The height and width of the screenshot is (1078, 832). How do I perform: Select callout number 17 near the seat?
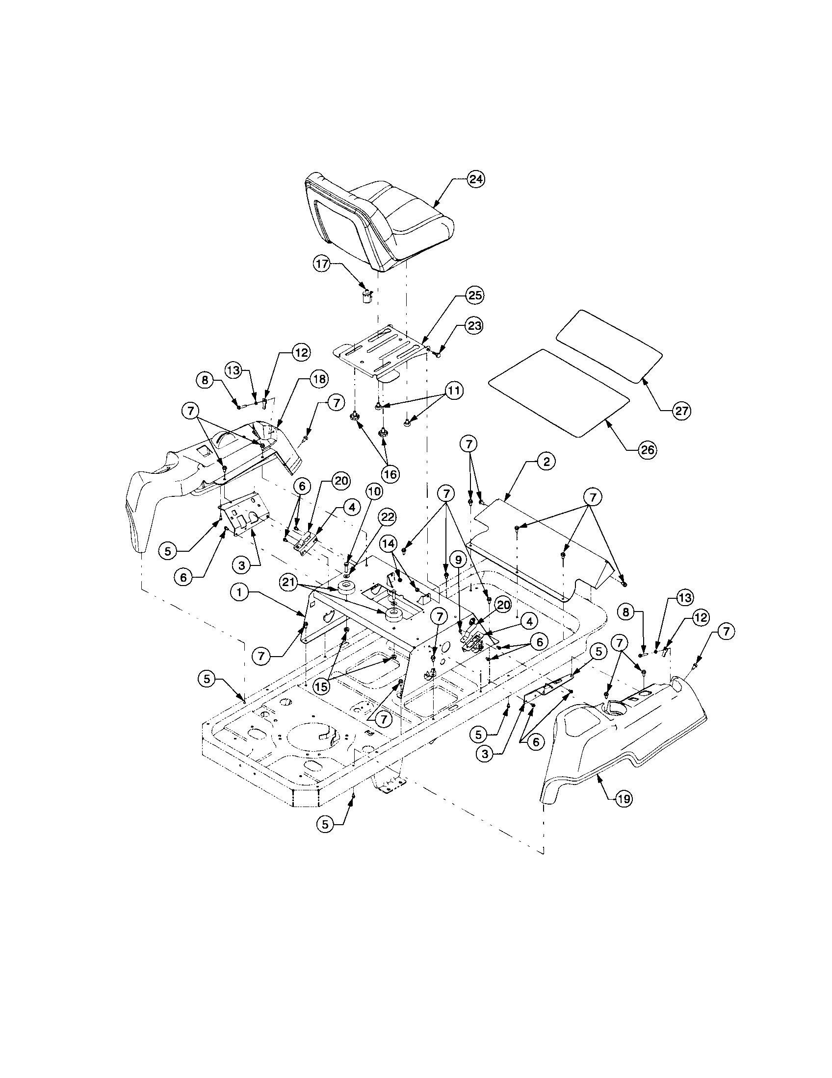[322, 264]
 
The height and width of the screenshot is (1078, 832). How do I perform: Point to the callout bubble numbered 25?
[475, 295]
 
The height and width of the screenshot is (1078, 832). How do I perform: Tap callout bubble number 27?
[682, 410]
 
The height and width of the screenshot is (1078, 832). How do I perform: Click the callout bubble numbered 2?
[546, 463]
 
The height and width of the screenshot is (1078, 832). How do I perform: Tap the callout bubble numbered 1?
[239, 594]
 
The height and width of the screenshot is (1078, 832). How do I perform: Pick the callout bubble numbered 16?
[390, 474]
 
